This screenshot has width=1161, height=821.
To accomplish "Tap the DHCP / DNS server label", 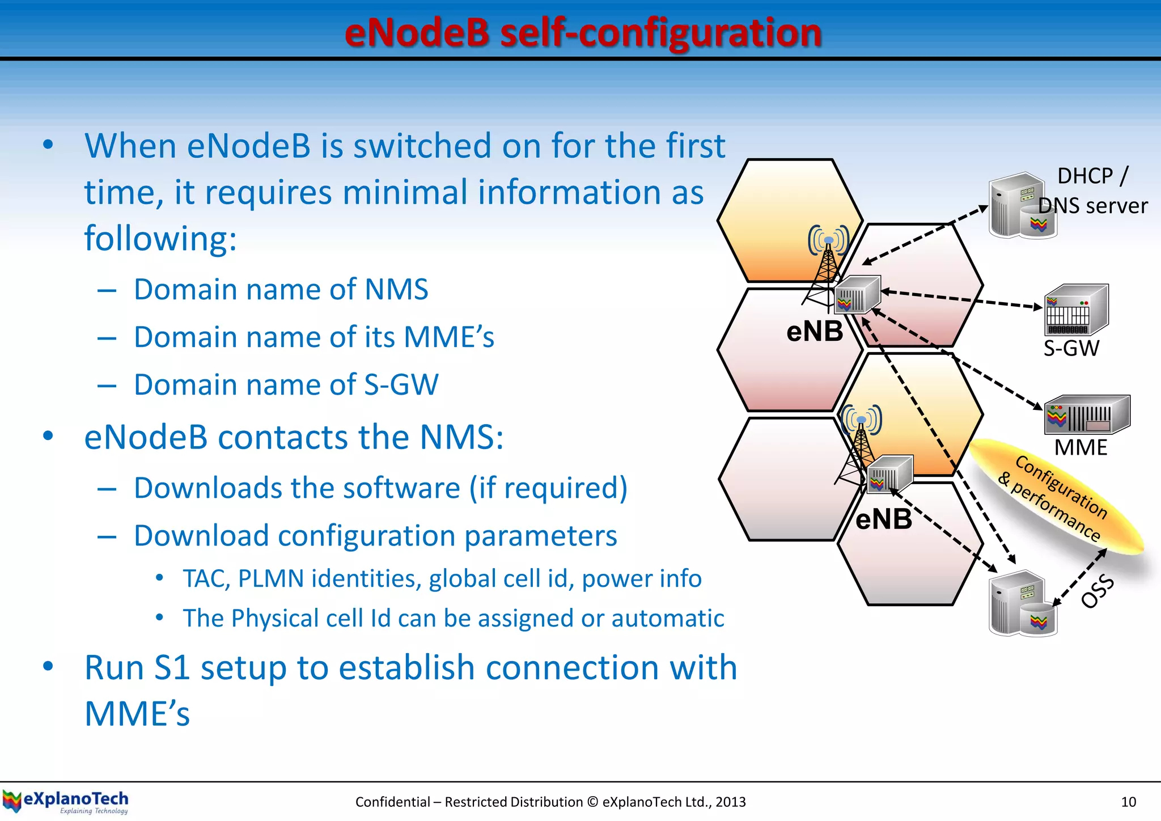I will point(1092,191).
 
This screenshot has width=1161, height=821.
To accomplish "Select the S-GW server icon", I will point(1075,310).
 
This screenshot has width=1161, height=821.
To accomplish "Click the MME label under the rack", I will point(1081,448).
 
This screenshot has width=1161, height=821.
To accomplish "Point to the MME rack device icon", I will point(1086,414).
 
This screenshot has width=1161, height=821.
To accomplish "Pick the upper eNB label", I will point(815,331).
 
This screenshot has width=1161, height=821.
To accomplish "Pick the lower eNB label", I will point(883,519).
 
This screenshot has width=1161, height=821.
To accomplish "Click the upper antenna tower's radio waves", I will point(828,240).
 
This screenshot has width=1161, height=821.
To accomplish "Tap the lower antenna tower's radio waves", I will point(861,420).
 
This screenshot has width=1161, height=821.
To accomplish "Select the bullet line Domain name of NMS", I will point(281,289).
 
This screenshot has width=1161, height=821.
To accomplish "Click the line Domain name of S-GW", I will point(286,384).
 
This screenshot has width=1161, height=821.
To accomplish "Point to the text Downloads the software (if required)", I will point(380,488).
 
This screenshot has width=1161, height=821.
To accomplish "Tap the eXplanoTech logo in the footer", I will point(66,801).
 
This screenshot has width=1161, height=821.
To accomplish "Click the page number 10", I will point(1128,802).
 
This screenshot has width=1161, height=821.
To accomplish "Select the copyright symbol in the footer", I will point(592,802).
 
